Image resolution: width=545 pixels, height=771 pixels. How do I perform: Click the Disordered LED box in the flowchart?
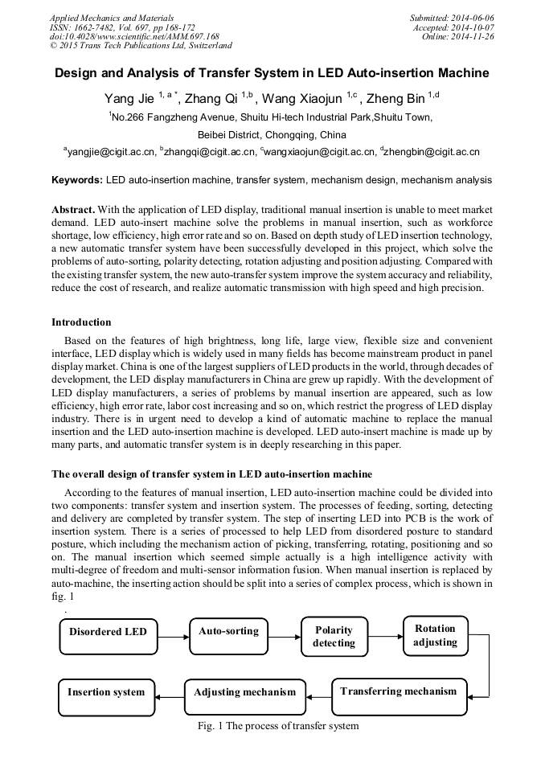click(x=109, y=633)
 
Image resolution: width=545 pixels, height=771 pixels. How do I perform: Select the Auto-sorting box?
click(x=228, y=633)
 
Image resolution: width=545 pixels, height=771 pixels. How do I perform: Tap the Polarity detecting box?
click(x=334, y=636)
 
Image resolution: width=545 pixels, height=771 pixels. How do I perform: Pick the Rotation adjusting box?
click(x=435, y=635)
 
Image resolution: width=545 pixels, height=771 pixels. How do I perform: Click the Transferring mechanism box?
click(x=398, y=692)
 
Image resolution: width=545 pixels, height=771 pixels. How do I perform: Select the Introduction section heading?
click(x=81, y=322)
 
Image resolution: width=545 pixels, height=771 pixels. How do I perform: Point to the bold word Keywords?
click(x=76, y=180)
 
